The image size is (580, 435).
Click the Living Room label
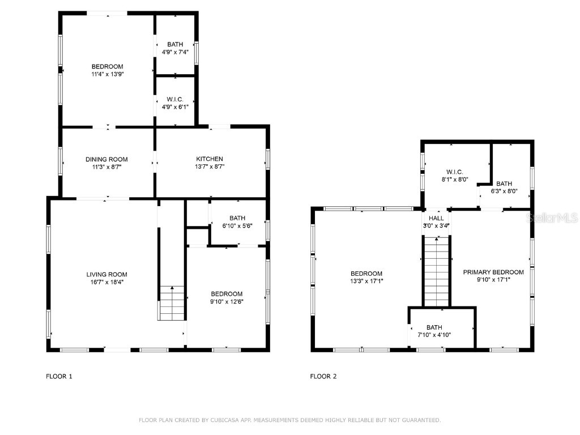[103, 275]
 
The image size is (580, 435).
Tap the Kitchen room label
[210, 159]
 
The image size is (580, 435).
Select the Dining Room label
[106, 159]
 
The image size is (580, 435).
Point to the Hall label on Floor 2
[436, 218]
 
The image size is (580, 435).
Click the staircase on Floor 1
[172, 303]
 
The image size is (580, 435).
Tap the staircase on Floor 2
[436, 272]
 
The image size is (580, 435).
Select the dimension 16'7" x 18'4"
[103, 282]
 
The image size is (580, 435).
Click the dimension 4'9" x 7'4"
[175, 52]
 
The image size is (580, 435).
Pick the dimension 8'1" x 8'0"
[454, 180]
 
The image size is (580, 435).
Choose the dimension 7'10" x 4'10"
[434, 335]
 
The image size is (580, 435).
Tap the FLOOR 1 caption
[59, 376]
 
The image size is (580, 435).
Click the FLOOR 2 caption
[323, 376]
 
